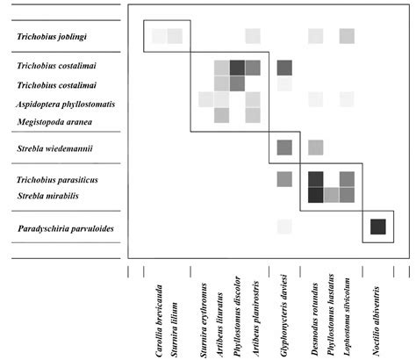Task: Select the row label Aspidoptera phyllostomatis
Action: click(65, 104)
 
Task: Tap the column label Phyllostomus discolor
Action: click(237, 316)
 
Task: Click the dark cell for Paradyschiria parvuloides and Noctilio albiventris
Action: click(377, 227)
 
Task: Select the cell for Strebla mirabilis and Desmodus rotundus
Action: click(316, 195)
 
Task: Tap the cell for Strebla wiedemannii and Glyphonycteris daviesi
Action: click(284, 148)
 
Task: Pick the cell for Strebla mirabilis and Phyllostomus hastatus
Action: click(332, 195)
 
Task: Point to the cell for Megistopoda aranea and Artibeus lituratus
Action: click(221, 115)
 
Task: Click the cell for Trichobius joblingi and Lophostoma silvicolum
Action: click(347, 36)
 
